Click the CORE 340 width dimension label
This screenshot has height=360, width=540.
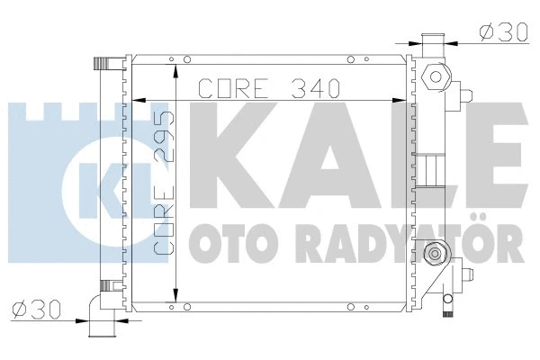click(x=267, y=89)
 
